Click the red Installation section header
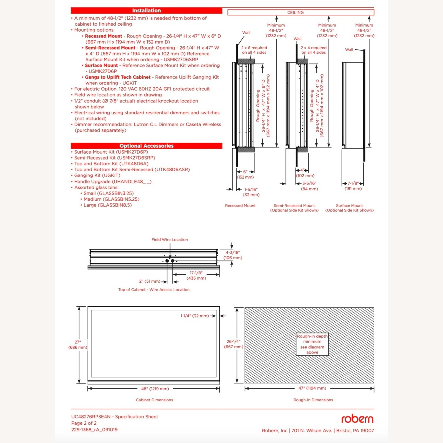[x=146, y=11]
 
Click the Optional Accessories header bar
[x=146, y=146]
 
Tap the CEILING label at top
[x=295, y=12]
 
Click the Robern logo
[x=357, y=419]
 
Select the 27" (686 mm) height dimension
[x=78, y=345]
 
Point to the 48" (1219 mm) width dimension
[x=155, y=389]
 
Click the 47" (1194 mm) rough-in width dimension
[x=312, y=388]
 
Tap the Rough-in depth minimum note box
[x=312, y=344]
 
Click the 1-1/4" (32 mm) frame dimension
[x=195, y=316]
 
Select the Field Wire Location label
[x=170, y=240]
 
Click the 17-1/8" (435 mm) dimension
[x=196, y=276]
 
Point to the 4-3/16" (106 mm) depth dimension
[x=233, y=255]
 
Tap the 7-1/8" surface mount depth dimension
[x=353, y=186]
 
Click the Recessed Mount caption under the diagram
[x=240, y=206]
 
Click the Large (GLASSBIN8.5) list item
[x=108, y=205]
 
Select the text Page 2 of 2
[x=84, y=423]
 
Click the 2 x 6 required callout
[x=254, y=50]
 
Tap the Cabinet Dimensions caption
[x=154, y=400]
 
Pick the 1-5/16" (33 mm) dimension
[x=251, y=192]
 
